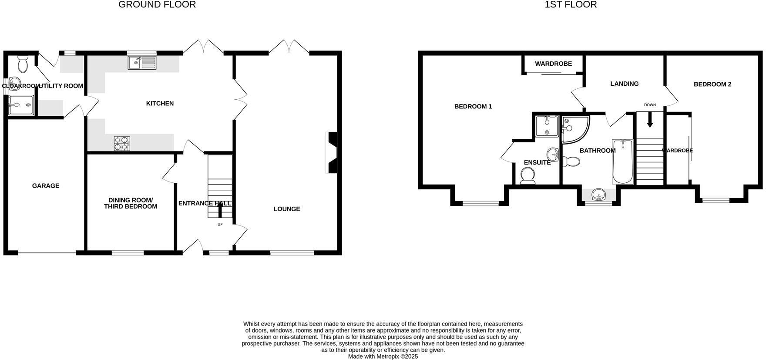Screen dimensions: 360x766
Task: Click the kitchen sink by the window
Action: [x=142, y=63]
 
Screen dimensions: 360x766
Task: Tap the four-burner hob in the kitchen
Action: [x=122, y=144]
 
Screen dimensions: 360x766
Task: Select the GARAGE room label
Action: [x=46, y=186]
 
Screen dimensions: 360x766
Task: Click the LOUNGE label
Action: [x=287, y=209]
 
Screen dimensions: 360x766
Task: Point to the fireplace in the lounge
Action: [x=332, y=153]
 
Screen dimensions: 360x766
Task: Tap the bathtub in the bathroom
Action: [x=623, y=162]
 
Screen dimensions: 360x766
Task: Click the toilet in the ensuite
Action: [x=528, y=176]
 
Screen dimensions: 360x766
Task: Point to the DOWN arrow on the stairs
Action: [x=650, y=121]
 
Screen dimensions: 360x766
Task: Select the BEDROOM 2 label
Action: [x=712, y=84]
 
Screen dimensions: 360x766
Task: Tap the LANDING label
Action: [x=624, y=84]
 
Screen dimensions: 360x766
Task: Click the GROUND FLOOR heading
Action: [x=157, y=5]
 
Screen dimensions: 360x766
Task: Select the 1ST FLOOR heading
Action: [x=571, y=5]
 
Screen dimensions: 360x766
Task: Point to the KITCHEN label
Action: [x=160, y=104]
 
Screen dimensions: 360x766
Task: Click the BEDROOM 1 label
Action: [x=473, y=107]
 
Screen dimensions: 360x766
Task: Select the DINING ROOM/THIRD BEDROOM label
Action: [x=131, y=203]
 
